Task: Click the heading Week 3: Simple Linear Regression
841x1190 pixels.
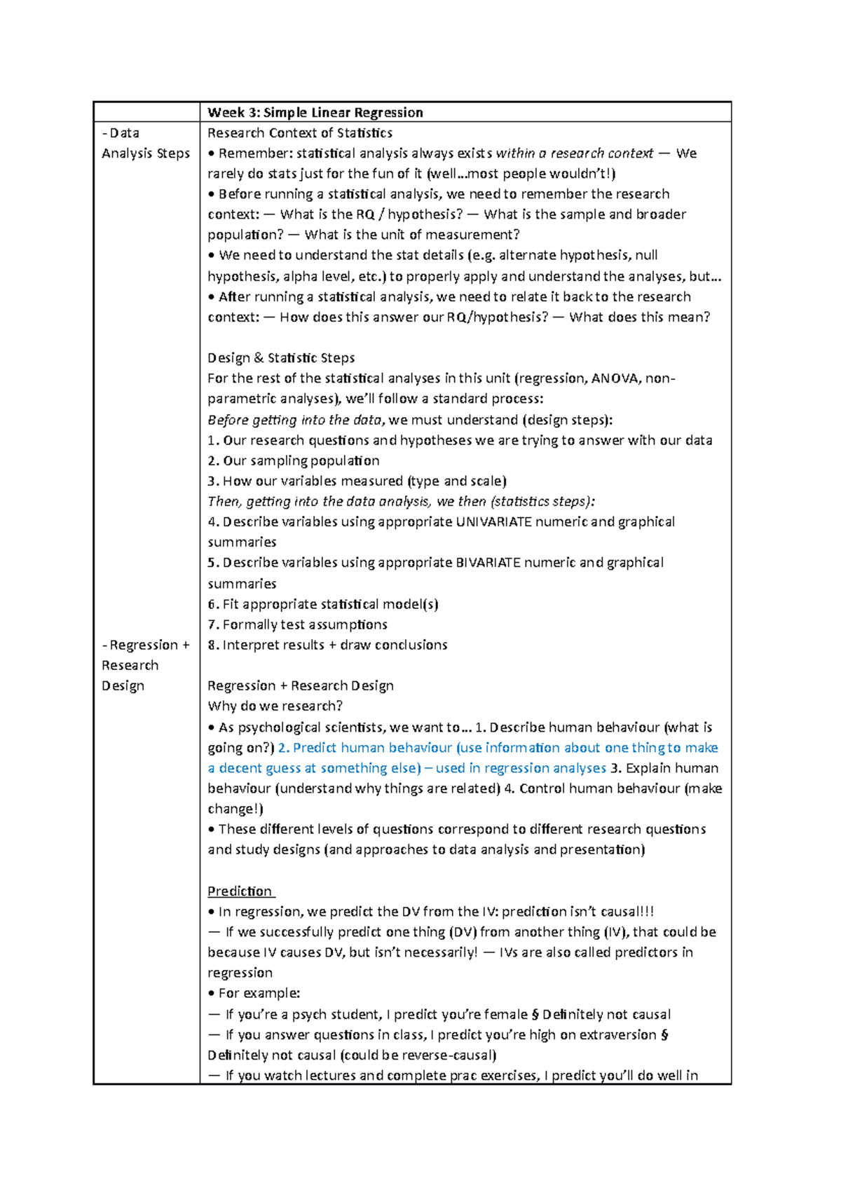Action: click(x=315, y=113)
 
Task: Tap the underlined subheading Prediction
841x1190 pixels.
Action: click(x=240, y=891)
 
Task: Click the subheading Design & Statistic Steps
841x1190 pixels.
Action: click(x=281, y=358)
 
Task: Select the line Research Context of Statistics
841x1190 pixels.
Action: click(x=299, y=133)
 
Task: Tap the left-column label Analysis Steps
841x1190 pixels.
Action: click(x=146, y=153)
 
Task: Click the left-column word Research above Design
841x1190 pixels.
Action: click(x=130, y=666)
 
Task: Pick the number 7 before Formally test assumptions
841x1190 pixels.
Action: click(x=212, y=624)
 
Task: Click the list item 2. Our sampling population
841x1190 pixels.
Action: click(x=294, y=461)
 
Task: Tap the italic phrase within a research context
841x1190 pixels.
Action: click(x=574, y=153)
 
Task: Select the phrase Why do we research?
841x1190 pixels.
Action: click(x=275, y=706)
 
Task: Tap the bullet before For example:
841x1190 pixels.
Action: click(x=212, y=994)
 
